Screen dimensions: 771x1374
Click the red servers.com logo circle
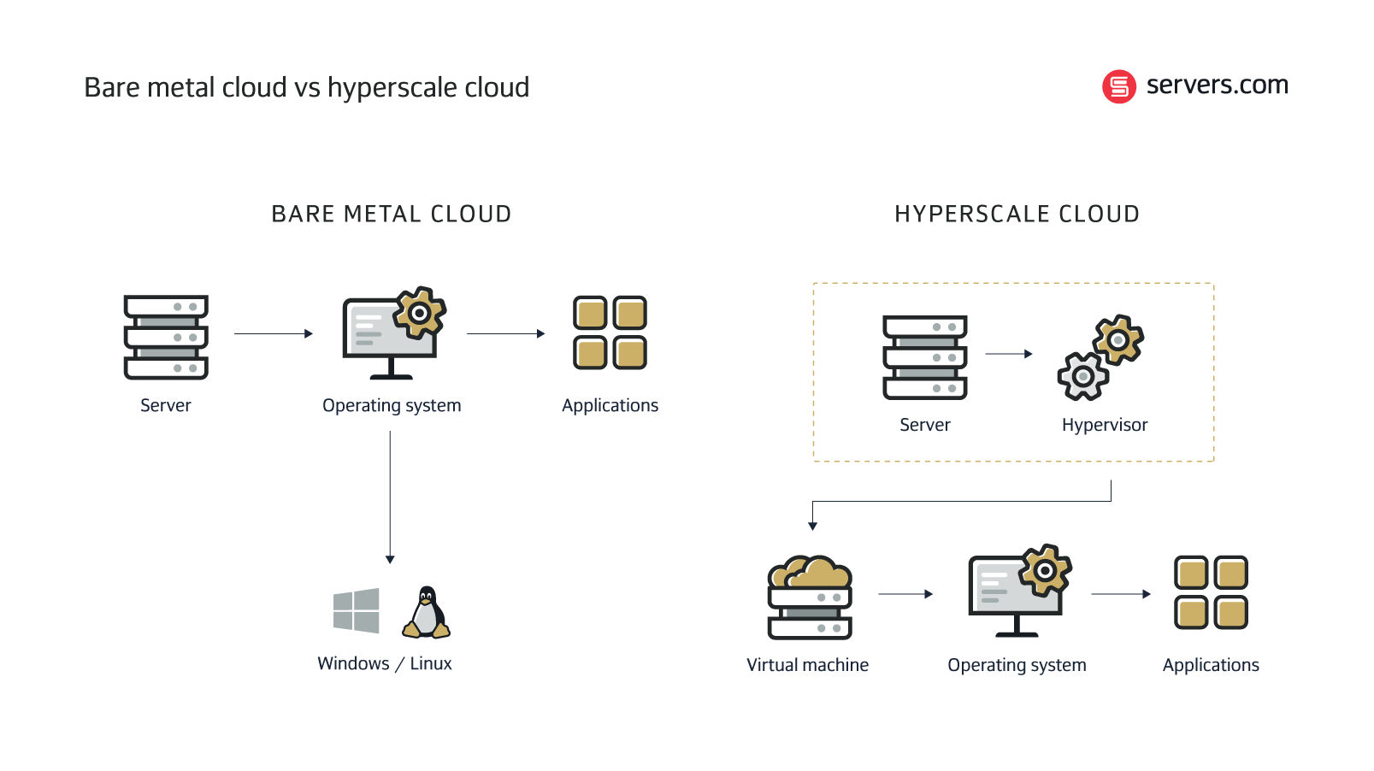(1118, 86)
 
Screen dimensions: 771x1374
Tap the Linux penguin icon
(427, 613)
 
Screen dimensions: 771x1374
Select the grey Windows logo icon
(357, 610)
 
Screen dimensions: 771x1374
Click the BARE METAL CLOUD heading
(392, 214)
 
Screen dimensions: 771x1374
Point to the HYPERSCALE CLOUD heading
(1017, 214)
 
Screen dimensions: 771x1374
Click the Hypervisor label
(1104, 425)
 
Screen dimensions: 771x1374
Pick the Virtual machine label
(807, 665)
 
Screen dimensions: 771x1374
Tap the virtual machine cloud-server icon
(810, 597)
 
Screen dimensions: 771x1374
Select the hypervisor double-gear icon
(1100, 357)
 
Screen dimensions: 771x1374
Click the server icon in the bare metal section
(166, 337)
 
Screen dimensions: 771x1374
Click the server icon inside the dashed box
(924, 356)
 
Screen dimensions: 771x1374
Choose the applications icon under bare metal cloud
(610, 333)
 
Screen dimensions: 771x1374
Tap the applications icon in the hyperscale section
(1211, 592)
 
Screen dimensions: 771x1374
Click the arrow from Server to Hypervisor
(1009, 354)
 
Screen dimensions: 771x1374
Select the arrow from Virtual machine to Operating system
(905, 593)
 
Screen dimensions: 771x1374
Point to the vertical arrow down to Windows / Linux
(390, 496)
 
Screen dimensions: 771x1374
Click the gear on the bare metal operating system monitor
(419, 313)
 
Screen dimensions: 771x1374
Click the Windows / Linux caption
(385, 663)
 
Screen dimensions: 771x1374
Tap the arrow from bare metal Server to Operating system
(274, 333)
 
